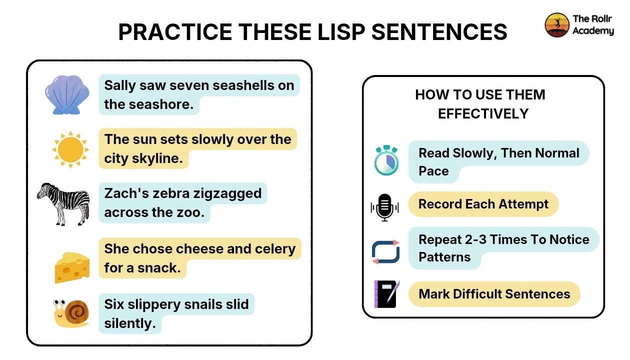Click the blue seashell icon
[66, 94]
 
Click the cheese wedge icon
[72, 267]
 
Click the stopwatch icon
[386, 160]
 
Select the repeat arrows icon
[385, 251]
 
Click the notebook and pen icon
[386, 294]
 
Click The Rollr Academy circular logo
[557, 24]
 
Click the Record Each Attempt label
[483, 204]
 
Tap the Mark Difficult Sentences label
[494, 293]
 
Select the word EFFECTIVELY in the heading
[483, 113]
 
